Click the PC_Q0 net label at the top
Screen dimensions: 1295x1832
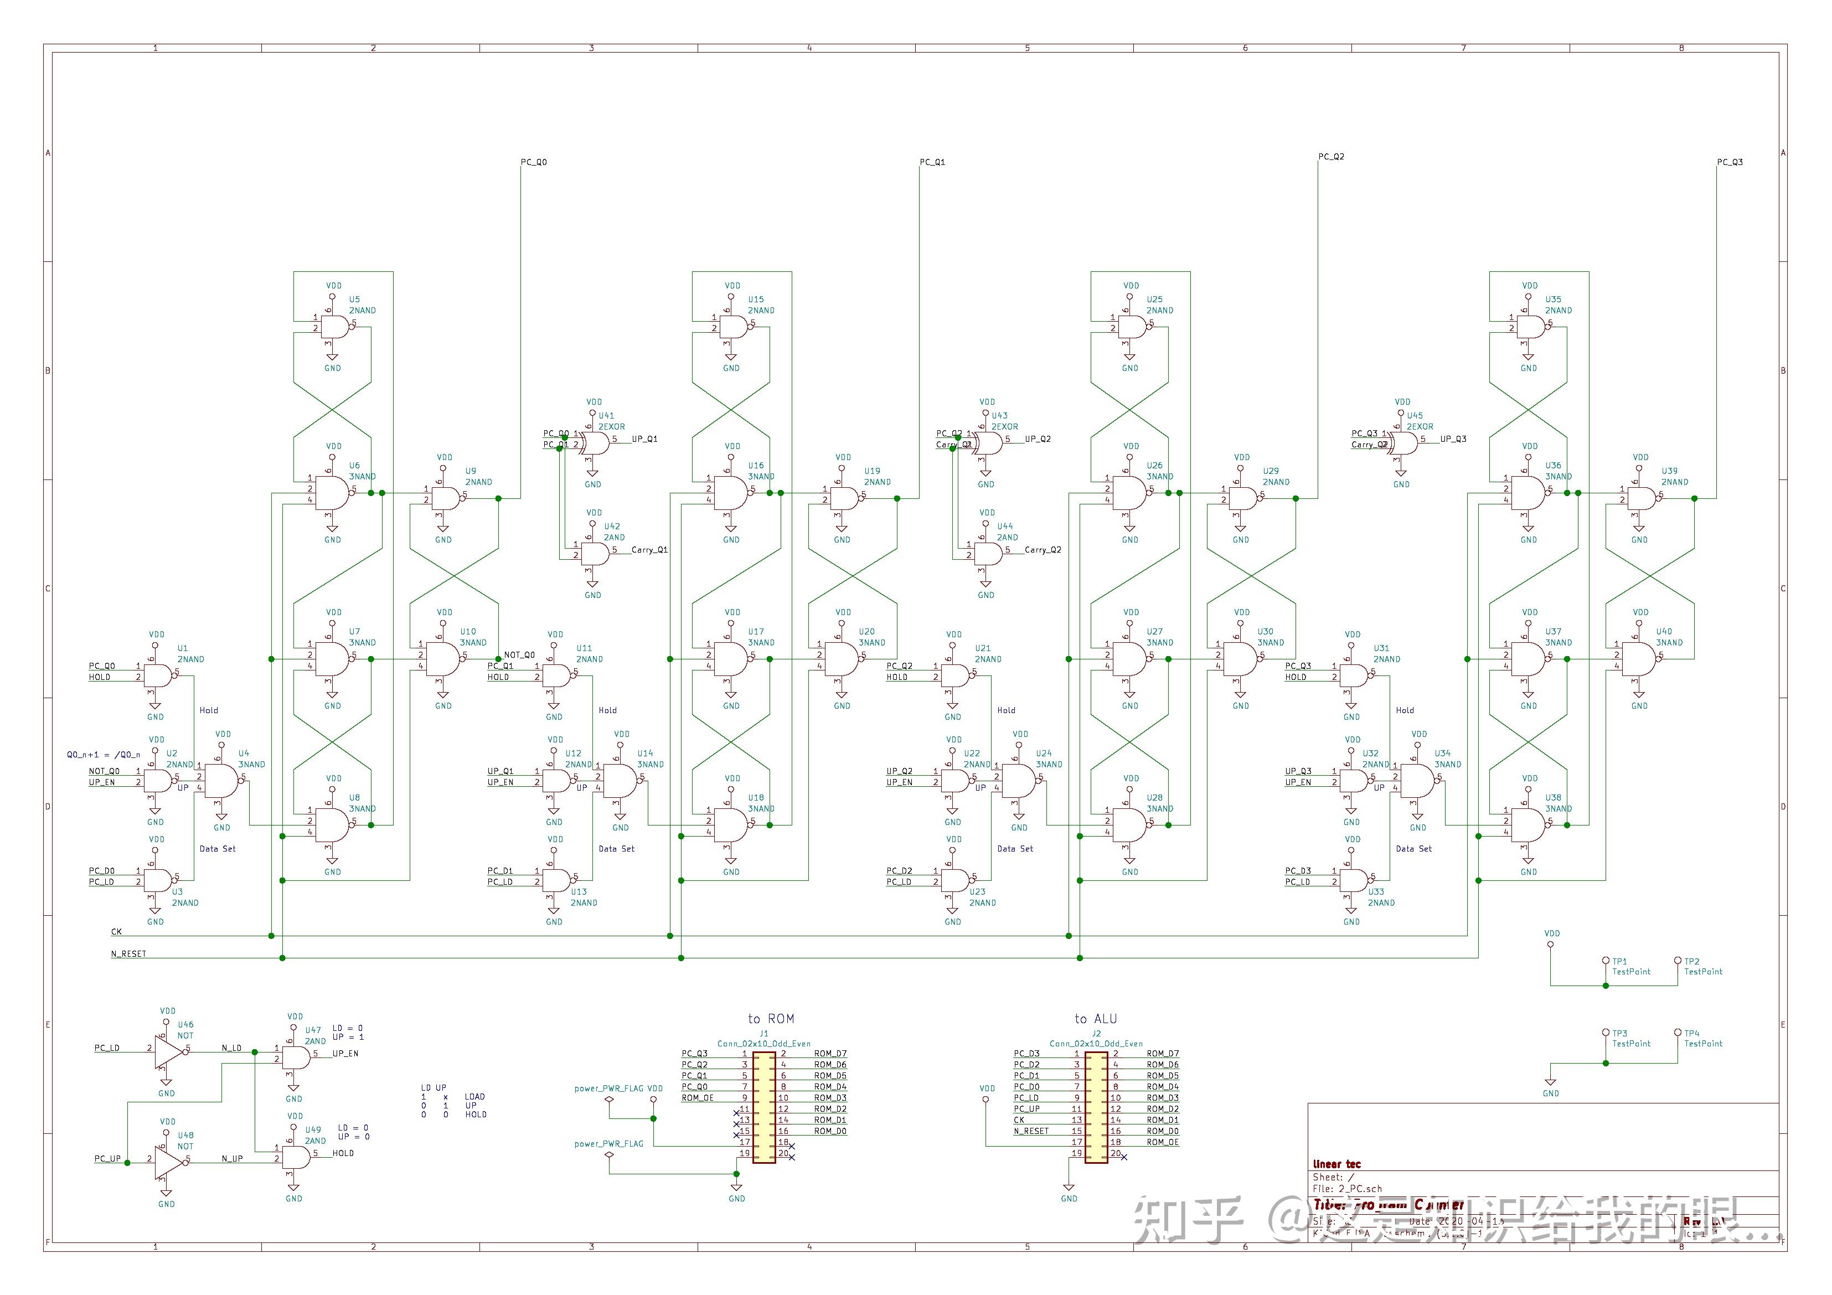[534, 162]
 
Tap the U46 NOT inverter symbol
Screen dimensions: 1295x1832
[168, 1052]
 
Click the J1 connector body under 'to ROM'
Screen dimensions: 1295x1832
[765, 1107]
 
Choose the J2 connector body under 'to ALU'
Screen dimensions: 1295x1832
[1096, 1107]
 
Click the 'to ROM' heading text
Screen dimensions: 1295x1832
[771, 1019]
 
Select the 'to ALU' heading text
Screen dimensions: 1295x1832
[1096, 1019]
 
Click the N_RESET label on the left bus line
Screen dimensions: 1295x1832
[128, 953]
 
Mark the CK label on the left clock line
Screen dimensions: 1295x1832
[116, 931]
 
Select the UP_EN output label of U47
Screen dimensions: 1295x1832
[345, 1053]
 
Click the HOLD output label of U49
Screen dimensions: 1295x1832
[343, 1153]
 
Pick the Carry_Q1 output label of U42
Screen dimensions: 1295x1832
[649, 550]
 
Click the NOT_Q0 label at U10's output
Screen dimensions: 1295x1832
[519, 655]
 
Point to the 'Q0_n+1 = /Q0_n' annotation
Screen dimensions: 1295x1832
[103, 755]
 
